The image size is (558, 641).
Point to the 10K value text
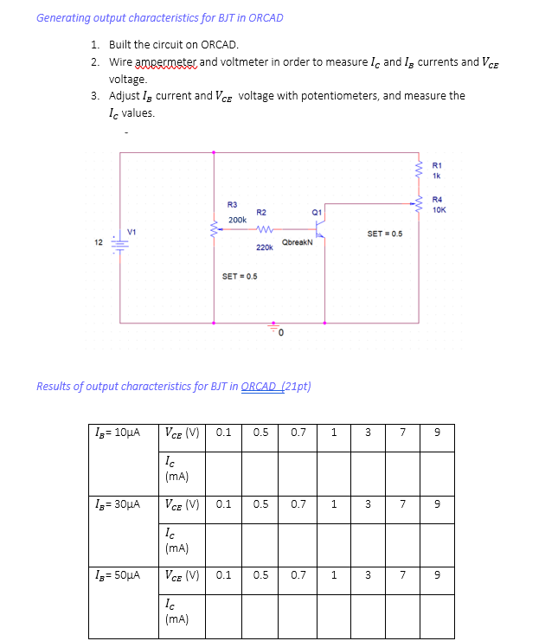438,210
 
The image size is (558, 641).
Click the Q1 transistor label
317,210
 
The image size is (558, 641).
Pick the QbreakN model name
298,243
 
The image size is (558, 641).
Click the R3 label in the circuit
232,204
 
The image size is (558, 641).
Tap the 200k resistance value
237,221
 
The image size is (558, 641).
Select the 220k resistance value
265,247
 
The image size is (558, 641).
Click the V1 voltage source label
131,231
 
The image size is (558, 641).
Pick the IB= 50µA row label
114,574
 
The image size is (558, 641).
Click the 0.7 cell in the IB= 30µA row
298,503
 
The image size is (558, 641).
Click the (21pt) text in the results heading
295,386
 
